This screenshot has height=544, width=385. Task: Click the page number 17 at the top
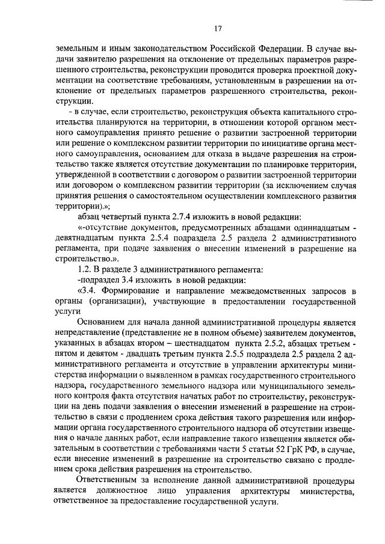tap(218, 28)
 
